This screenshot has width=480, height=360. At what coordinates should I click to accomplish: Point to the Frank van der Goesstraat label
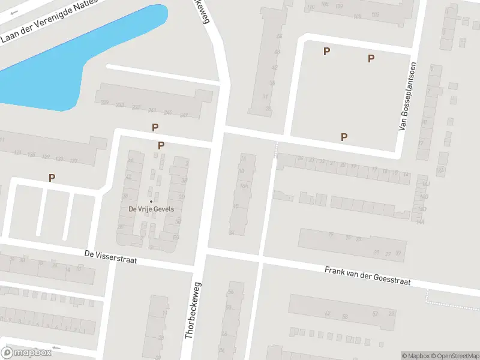367,277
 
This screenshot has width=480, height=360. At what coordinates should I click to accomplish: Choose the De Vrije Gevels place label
151,209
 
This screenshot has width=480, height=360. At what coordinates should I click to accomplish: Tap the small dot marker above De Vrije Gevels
151,201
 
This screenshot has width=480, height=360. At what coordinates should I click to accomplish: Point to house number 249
184,115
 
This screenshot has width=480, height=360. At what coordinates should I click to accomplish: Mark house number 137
74,161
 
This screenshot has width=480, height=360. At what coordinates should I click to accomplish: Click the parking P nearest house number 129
52,177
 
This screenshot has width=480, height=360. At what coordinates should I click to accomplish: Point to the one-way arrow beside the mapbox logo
57,348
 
